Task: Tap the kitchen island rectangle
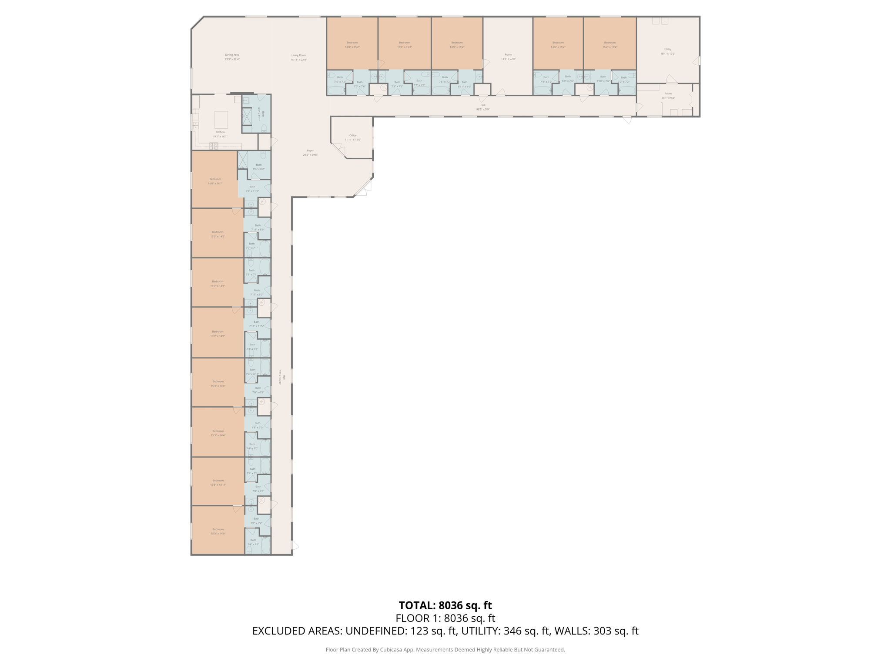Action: click(x=221, y=120)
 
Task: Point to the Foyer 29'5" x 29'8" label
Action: click(x=310, y=153)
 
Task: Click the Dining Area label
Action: click(x=232, y=57)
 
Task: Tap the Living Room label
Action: click(x=298, y=57)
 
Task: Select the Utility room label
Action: click(x=668, y=51)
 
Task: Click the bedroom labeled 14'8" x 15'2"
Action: click(x=352, y=45)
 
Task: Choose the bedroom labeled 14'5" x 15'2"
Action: click(x=558, y=45)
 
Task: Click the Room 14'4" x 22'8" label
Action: click(x=508, y=57)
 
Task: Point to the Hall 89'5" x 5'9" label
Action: click(x=482, y=107)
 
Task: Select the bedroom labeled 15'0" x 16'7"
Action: click(x=215, y=181)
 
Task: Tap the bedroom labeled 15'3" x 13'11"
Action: click(x=218, y=482)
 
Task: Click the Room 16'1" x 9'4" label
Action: click(x=668, y=96)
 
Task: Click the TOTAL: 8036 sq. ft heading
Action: click(x=445, y=605)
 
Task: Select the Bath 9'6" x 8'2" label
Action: click(x=259, y=167)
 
